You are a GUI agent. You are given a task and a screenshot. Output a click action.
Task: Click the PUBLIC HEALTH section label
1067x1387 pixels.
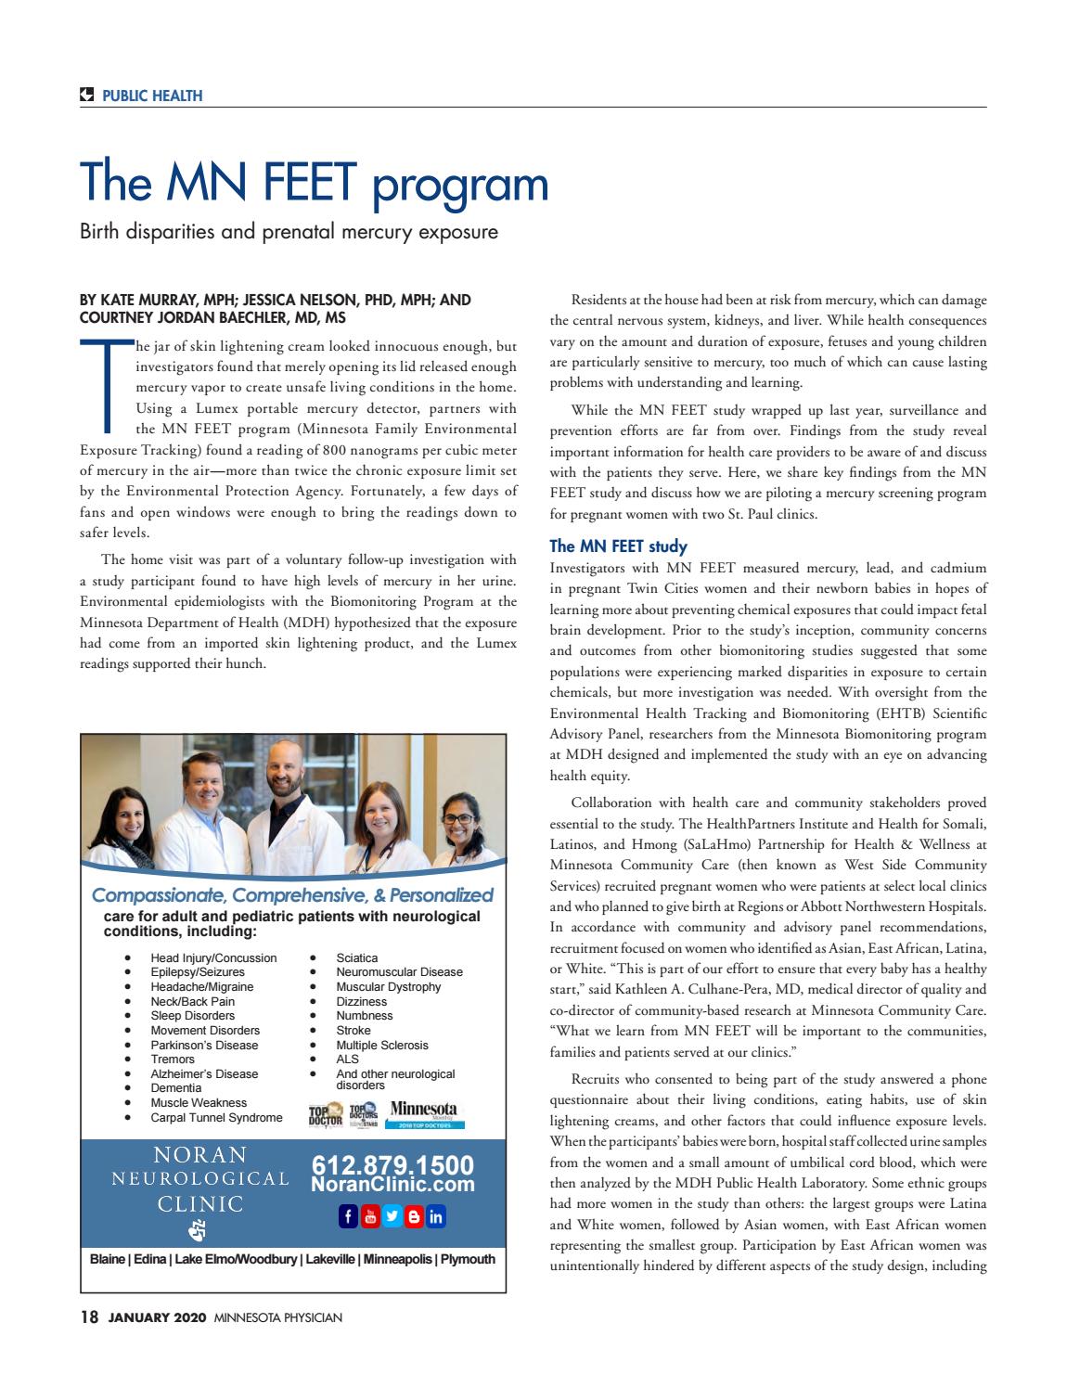[x=152, y=96]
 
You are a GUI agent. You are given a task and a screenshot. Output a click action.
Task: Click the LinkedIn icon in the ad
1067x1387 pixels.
[x=435, y=1216]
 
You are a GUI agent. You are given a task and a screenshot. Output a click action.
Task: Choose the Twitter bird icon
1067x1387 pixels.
[x=392, y=1216]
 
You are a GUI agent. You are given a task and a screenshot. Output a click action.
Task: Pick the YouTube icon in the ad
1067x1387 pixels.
[x=369, y=1216]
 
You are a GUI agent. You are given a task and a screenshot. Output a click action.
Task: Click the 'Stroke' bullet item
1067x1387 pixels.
[x=354, y=1030]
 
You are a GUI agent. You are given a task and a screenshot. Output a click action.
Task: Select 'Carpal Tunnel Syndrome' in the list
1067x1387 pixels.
[x=216, y=1117]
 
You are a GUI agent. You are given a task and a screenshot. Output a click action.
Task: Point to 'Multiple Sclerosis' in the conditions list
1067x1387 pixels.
[x=382, y=1045]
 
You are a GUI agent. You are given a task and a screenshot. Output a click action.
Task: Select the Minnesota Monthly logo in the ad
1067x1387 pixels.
[x=424, y=1112]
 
